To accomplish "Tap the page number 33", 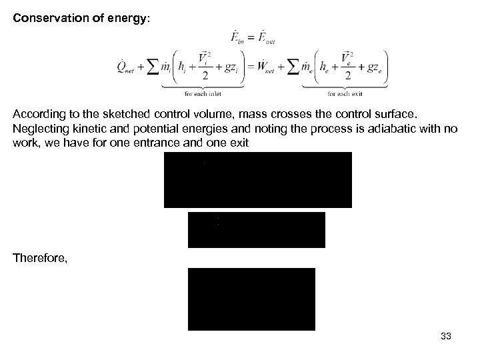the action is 446,337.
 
